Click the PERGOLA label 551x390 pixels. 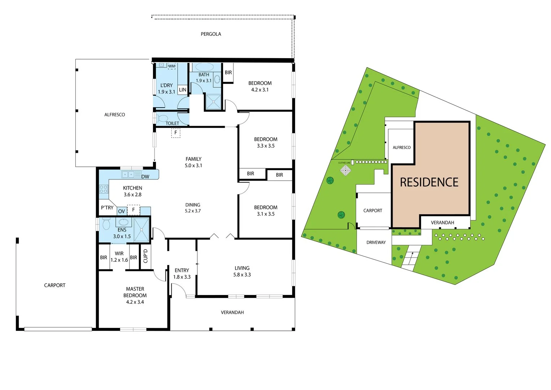tap(211, 34)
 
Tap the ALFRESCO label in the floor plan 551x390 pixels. tap(114, 114)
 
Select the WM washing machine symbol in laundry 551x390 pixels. tap(172, 66)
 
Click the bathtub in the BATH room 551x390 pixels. tap(204, 67)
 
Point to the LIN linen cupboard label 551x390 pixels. tap(183, 90)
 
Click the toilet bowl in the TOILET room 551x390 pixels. tap(162, 118)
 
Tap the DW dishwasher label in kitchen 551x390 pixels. tap(145, 177)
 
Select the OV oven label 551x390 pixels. tap(122, 211)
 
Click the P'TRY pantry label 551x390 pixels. tap(107, 208)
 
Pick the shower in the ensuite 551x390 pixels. tap(141, 230)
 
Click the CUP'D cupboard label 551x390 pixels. tap(145, 256)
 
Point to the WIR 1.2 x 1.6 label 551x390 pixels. tap(119, 257)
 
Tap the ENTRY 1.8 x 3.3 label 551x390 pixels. tap(182, 273)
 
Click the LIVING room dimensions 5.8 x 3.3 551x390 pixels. tap(242, 275)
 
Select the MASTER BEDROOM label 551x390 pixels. tap(135, 292)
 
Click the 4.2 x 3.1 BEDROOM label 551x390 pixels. tap(260, 86)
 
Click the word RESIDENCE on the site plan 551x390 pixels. tap(429, 182)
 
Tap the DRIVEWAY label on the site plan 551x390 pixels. tap(376, 242)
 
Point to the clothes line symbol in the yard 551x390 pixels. tap(345, 170)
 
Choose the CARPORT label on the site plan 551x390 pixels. tap(372, 211)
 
